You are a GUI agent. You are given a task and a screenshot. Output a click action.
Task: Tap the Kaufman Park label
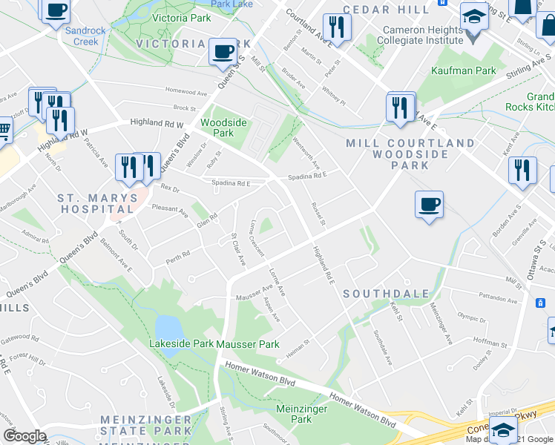(x=464, y=70)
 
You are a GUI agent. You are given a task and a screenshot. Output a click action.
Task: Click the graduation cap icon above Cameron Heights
(x=473, y=16)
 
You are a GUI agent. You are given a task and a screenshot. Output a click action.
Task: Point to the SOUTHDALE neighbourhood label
(x=386, y=294)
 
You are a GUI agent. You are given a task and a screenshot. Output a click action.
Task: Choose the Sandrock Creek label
(x=81, y=36)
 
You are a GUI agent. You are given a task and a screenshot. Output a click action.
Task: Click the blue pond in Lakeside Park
(x=168, y=326)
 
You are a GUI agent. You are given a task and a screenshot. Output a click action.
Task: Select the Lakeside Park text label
(x=181, y=344)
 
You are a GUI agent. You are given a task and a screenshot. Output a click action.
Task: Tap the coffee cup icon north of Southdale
(x=429, y=204)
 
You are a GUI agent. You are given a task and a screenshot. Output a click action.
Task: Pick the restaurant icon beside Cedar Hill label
(x=337, y=28)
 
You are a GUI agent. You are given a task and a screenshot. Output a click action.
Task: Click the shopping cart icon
(x=4, y=131)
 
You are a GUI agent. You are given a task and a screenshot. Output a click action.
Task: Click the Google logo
(x=24, y=436)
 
